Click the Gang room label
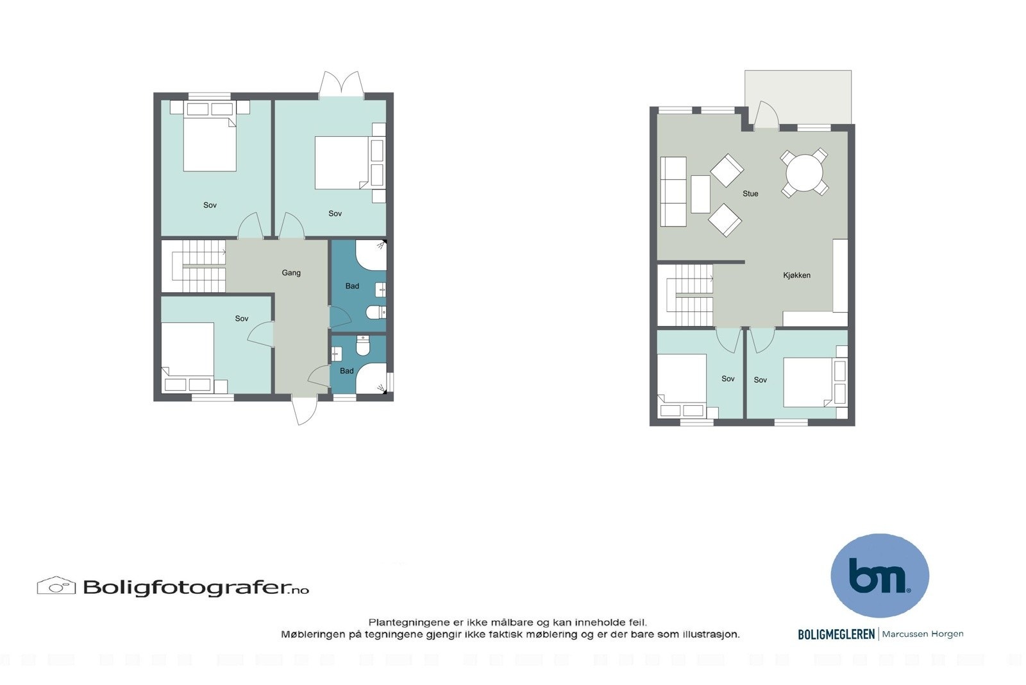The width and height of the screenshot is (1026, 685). tap(291, 273)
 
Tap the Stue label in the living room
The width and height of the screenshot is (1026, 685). tap(750, 193)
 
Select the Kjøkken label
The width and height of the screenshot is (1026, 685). tap(796, 275)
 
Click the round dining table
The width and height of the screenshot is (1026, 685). tap(804, 172)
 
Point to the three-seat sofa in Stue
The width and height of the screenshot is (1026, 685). tap(673, 191)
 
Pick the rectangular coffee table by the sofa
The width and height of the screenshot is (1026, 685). tap(700, 194)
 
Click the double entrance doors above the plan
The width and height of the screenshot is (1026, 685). tap(341, 85)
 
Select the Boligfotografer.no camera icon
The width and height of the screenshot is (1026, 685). tap(56, 585)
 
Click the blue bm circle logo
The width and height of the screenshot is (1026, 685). tap(879, 575)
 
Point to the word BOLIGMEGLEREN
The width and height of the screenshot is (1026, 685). tap(836, 634)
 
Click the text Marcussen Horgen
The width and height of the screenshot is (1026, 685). tap(923, 634)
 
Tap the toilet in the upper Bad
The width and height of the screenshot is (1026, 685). tap(374, 313)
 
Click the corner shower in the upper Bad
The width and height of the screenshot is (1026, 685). tap(372, 255)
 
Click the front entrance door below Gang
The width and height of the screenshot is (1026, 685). tap(305, 410)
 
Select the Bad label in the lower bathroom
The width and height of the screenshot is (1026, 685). tap(346, 371)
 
